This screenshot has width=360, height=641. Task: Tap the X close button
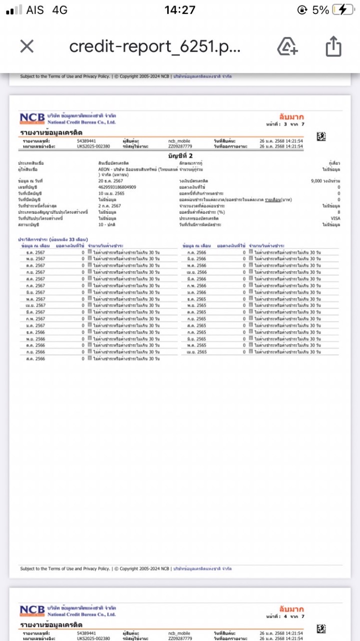click(27, 47)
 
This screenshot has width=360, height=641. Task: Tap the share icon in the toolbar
click(333, 47)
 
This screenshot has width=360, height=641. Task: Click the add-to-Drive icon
click(287, 47)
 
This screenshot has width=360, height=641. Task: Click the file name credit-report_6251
click(155, 47)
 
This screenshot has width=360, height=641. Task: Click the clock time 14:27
click(180, 10)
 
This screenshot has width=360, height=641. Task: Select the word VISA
click(335, 218)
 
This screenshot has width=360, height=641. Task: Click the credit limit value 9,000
click(318, 180)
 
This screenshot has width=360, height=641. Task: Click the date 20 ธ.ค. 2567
click(110, 180)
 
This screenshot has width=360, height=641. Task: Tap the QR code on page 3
click(321, 136)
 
